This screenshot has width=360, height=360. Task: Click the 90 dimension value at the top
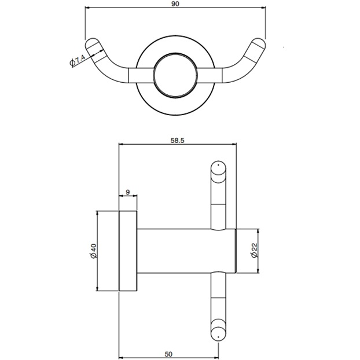[175, 3]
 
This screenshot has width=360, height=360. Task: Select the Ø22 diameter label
[253, 250]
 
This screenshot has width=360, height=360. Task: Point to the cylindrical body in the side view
[179, 250]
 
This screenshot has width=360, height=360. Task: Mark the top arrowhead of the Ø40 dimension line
[97, 213]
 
